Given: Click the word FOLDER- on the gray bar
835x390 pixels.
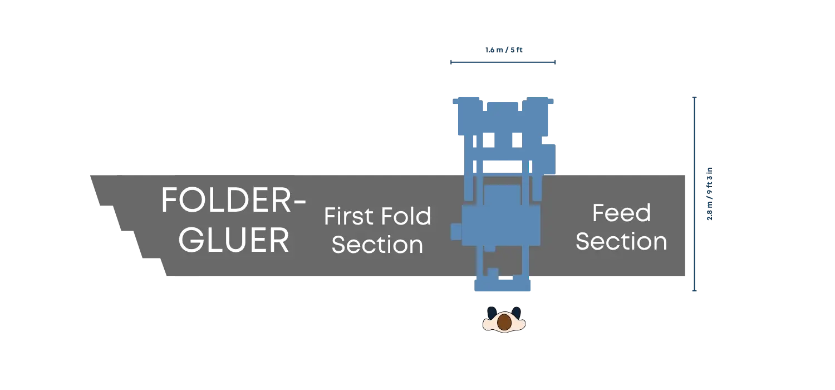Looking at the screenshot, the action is click(233, 200).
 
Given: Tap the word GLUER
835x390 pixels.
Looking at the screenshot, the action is click(234, 240).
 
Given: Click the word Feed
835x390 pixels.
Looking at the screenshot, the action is click(622, 213).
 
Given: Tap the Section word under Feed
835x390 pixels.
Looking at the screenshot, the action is click(621, 241).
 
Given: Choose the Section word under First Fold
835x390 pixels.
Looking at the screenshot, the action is click(377, 245).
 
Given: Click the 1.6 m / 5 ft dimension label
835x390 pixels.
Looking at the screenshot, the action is click(504, 50).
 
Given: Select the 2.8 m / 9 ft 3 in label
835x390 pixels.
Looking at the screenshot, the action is click(709, 194).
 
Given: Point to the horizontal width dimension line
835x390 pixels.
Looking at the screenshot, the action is click(503, 62).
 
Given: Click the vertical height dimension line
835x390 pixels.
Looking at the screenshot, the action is click(694, 194).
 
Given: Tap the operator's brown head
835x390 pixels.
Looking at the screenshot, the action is click(504, 321).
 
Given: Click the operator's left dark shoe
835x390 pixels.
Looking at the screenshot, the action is click(492, 313).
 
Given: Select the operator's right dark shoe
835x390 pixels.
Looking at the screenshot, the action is click(516, 313).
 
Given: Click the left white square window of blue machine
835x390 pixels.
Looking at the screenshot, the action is click(489, 140).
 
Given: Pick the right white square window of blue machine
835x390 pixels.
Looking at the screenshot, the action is click(517, 140).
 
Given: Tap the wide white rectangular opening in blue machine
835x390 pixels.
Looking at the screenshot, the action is click(503, 167).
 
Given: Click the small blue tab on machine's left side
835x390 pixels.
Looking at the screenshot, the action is click(456, 231).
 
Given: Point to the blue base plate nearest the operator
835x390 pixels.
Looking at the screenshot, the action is click(502, 285).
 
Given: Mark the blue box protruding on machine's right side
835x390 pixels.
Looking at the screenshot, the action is click(548, 159).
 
